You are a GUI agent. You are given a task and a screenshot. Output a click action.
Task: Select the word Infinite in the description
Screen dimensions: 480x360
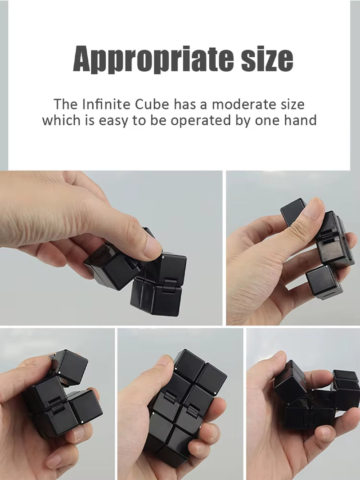click(107, 104)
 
